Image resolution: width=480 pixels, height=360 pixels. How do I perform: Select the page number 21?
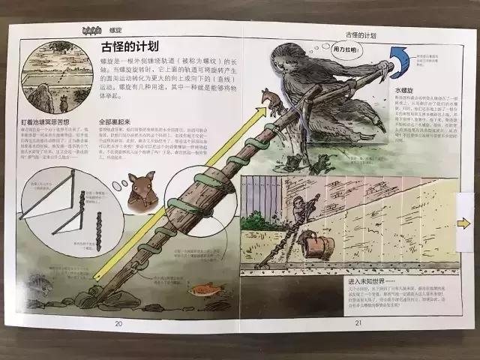[358, 322]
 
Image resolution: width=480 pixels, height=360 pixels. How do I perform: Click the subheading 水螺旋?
[406, 90]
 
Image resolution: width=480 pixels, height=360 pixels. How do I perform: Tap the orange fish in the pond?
[200, 287]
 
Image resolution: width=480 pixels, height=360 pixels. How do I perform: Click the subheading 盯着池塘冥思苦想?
[49, 121]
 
